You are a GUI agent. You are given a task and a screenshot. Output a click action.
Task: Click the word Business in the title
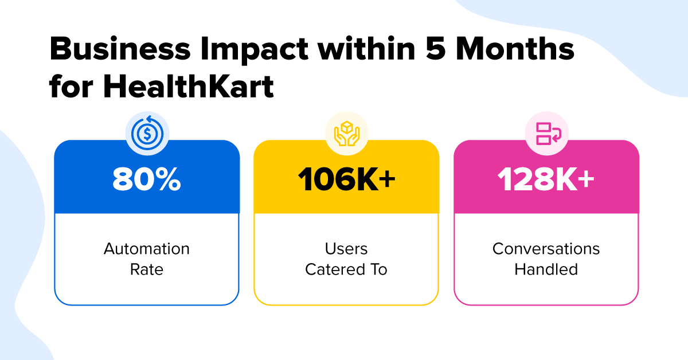pos(120,49)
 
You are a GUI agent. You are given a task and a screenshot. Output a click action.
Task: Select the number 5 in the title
pos(436,49)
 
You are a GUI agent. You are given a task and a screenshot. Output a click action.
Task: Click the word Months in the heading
pos(515,49)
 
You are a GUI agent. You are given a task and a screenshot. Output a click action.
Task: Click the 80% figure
pos(147,179)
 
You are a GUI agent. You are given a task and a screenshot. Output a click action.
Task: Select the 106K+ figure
pos(346,179)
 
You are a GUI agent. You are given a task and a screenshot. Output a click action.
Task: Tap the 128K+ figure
pos(546,179)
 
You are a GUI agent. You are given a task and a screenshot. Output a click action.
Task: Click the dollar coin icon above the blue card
pos(147,134)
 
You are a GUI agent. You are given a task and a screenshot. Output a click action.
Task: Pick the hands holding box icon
pos(347,134)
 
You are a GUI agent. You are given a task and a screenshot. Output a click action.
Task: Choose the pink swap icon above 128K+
pos(549,134)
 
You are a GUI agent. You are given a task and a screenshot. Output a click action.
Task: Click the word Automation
pos(147,249)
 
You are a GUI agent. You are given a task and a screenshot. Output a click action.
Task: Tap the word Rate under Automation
pos(147,269)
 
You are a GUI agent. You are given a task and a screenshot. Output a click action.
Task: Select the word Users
pos(346,249)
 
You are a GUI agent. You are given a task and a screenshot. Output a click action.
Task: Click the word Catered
pos(335,269)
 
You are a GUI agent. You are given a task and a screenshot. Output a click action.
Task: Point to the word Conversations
pos(546,249)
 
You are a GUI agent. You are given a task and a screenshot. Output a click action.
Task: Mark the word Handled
pos(546,269)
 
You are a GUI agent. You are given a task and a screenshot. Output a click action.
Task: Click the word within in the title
pos(367,49)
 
